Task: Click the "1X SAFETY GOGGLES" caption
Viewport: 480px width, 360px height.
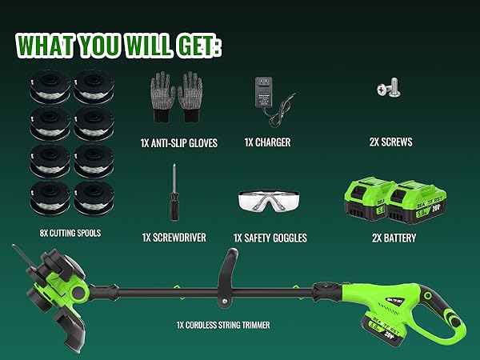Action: click(270, 238)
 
